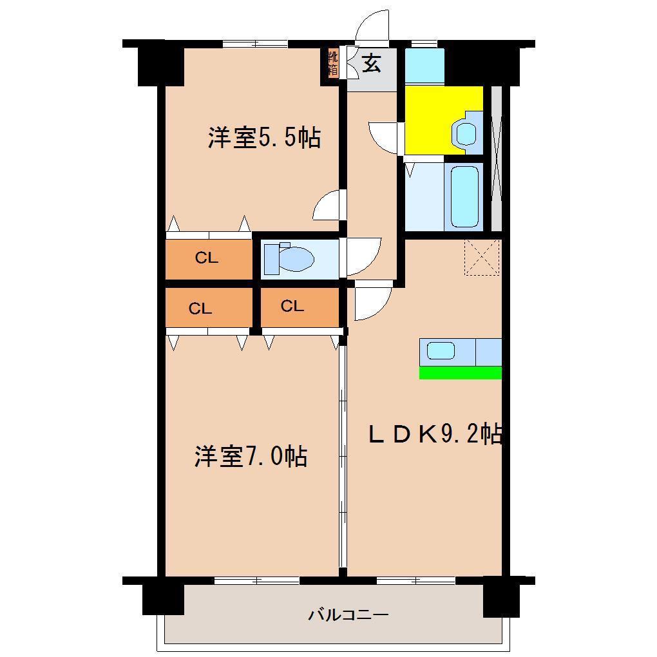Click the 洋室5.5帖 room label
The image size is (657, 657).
tap(264, 137)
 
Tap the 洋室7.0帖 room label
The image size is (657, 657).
tap(251, 456)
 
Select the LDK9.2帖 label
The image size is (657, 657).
tap(435, 434)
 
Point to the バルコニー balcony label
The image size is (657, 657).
tap(348, 614)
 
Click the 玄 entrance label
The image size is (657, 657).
tap(372, 63)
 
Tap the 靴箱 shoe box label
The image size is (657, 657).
tap(333, 63)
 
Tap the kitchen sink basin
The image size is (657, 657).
tap(441, 350)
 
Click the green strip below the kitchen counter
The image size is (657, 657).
tap(461, 372)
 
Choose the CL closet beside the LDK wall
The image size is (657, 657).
tap(300, 307)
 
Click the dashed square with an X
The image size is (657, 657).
tap(482, 257)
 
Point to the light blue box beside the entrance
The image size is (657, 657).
tap(424, 66)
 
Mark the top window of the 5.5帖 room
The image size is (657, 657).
tap(255, 44)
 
